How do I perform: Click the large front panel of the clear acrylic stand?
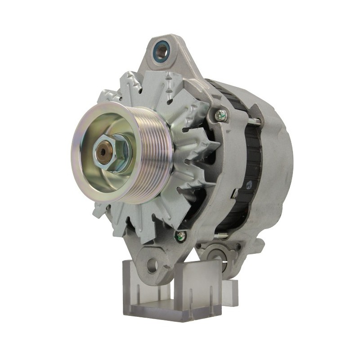point(198,288)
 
